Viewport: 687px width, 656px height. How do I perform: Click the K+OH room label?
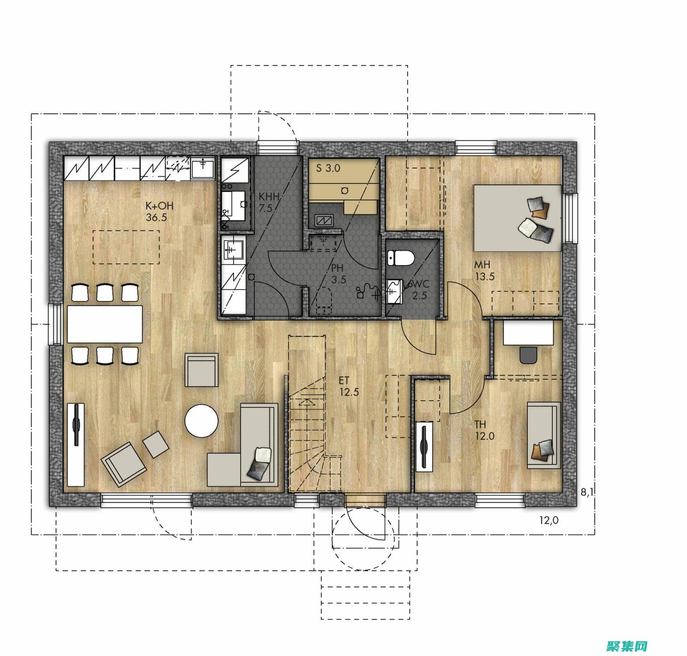pyautogui.click(x=159, y=212)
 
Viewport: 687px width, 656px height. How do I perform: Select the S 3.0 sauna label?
pyautogui.click(x=328, y=168)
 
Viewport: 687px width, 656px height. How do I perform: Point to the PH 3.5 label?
pyautogui.click(x=338, y=274)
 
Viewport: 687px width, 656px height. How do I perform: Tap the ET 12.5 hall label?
pyautogui.click(x=349, y=386)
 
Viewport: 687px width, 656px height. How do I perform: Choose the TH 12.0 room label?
pyautogui.click(x=484, y=430)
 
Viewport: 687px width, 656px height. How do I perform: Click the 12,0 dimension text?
pyautogui.click(x=549, y=520)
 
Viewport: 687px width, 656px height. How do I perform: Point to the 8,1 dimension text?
pyautogui.click(x=587, y=492)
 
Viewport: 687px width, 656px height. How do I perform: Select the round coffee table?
pyautogui.click(x=202, y=420)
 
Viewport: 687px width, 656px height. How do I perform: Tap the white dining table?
pyautogui.click(x=105, y=324)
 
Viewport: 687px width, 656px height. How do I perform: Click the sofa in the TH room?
pyautogui.click(x=544, y=435)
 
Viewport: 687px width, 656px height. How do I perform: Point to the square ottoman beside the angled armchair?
pyautogui.click(x=156, y=444)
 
